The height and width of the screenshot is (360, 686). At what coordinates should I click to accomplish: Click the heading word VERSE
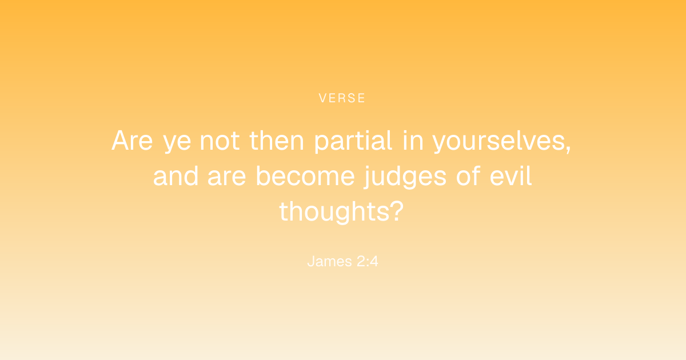342,98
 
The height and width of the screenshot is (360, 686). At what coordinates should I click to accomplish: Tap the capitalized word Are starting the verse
132,141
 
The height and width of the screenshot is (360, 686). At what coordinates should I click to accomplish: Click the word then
277,140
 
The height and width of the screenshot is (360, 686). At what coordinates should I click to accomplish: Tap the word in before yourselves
413,141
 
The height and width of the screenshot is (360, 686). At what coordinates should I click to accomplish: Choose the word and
176,176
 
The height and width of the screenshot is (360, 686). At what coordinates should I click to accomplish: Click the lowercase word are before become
227,178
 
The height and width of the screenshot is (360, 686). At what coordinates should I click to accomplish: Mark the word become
305,176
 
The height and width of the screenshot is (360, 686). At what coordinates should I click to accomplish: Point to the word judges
405,177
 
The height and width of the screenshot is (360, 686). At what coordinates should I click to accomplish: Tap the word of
468,176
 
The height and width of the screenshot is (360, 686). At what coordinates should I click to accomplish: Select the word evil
510,176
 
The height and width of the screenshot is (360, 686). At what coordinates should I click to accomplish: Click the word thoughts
336,212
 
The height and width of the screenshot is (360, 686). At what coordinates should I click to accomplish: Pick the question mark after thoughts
398,211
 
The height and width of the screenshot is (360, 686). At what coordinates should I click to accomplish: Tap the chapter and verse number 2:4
368,262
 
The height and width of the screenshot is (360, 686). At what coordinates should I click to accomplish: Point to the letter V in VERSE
323,98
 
